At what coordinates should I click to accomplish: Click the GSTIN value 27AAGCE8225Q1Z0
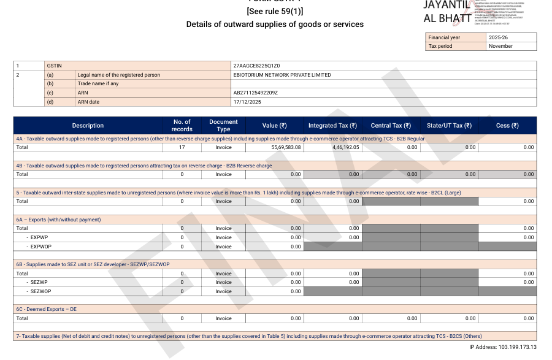click(256, 66)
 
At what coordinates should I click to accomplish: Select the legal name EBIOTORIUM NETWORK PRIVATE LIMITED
click(282, 75)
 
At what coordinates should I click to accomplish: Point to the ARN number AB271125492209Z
click(256, 93)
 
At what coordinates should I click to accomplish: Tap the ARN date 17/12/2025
click(247, 102)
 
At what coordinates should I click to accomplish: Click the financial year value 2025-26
click(498, 37)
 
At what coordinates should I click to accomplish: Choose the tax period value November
click(500, 46)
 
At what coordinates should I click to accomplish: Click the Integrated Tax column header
click(334, 126)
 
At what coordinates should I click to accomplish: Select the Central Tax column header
click(391, 126)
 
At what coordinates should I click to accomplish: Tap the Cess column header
click(507, 126)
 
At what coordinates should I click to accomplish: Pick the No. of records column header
click(182, 126)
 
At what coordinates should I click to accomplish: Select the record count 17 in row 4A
click(182, 148)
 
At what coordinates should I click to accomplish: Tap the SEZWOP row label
click(40, 291)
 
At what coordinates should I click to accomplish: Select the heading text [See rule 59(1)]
click(275, 12)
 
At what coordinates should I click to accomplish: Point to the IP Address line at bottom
click(502, 347)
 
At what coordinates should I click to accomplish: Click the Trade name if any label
click(98, 83)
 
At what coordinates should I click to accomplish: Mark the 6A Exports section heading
click(58, 220)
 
